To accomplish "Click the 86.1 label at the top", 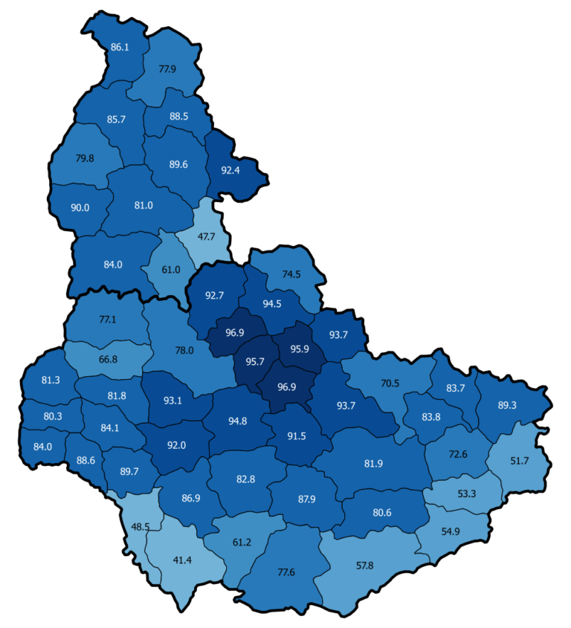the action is [120, 47].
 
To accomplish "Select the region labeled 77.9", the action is [167, 69].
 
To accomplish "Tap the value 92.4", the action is [231, 170].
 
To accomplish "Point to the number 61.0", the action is [171, 269].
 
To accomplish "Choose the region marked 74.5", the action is [291, 273].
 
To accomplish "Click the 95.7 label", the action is [254, 361].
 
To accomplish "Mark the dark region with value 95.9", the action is [299, 349].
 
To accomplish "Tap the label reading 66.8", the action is [108, 359].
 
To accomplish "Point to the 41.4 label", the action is [182, 559].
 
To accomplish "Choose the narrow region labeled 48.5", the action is [140, 526].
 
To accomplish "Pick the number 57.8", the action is [364, 566].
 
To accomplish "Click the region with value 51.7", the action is [520, 461].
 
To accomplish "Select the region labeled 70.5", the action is [390, 383].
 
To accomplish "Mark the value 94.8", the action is [238, 421].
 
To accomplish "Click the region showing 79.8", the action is [85, 158].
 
